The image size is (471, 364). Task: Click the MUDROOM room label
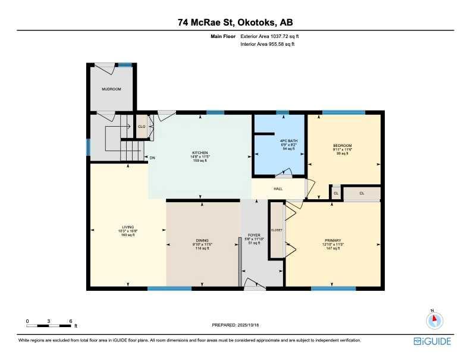click(111, 89)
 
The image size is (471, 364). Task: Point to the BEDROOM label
click(343, 146)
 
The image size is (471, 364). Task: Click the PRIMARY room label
click(332, 240)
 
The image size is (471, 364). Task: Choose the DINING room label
click(203, 240)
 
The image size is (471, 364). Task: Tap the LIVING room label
click(128, 227)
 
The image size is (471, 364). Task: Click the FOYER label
click(254, 235)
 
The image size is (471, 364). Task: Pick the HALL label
click(278, 189)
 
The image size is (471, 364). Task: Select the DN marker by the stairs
click(152, 158)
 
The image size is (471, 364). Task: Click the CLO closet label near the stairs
click(142, 127)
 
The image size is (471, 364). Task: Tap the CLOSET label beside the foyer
click(277, 230)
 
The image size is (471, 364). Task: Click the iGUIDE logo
click(432, 341)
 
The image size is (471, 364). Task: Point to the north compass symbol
click(435, 319)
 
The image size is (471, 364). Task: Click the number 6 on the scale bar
click(71, 321)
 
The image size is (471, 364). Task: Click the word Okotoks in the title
click(258, 23)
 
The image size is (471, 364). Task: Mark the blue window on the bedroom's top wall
click(343, 112)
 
